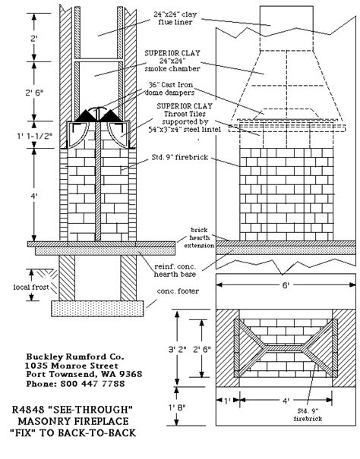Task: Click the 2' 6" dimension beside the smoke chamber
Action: (34, 93)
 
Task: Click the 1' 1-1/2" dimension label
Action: (34, 136)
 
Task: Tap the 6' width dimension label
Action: (286, 285)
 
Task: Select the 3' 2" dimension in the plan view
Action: (178, 349)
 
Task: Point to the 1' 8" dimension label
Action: (177, 407)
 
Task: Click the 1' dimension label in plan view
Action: (227, 400)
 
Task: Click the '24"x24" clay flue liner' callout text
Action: (175, 18)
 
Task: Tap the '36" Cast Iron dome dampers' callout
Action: (169, 89)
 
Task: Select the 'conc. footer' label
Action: (178, 291)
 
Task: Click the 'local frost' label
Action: (31, 288)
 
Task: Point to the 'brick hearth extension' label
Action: (199, 237)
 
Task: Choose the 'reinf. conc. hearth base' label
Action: (175, 271)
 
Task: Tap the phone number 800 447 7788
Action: (93, 383)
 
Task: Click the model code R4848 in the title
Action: (27, 409)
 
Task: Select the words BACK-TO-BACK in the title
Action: (98, 432)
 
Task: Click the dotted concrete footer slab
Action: (98, 309)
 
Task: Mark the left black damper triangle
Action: (86, 117)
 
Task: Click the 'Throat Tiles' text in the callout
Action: (185, 114)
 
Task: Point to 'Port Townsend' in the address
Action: (60, 374)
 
